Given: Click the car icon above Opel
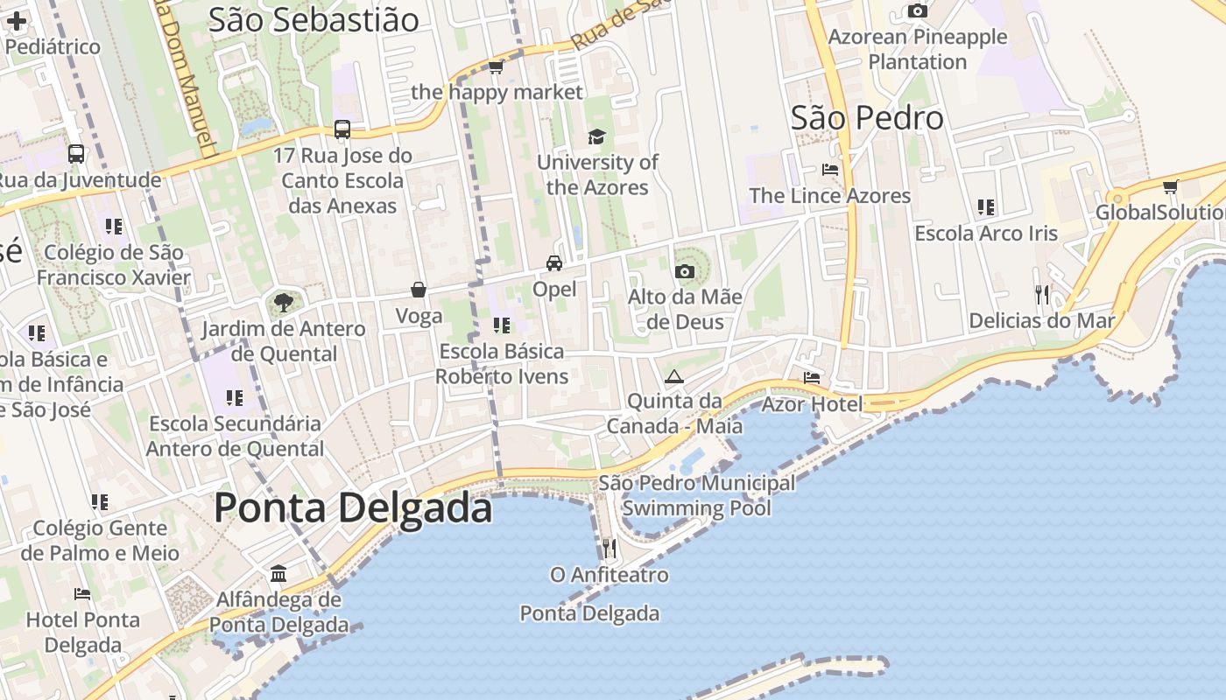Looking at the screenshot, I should (553, 262).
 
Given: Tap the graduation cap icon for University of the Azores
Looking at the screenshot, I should (596, 136).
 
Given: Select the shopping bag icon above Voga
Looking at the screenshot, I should (419, 290).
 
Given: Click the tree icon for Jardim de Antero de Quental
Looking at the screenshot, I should (282, 303).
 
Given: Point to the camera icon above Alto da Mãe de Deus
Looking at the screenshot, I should (685, 271).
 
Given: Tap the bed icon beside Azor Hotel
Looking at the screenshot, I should (812, 378).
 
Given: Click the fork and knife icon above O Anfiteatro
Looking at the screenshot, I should (609, 549).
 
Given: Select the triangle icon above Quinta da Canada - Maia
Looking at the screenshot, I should (673, 377).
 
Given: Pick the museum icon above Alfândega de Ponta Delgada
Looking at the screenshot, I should (278, 574).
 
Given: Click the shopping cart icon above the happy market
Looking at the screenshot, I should (496, 66).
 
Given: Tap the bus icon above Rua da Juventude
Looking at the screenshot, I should (76, 154).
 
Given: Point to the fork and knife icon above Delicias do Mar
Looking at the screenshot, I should (1042, 294).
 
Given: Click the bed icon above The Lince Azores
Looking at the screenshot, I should (830, 169).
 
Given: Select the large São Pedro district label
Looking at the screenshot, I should (867, 118).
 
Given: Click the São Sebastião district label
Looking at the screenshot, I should (314, 20).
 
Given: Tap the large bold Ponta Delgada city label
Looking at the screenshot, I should (353, 507).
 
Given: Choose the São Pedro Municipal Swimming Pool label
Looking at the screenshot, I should (697, 495).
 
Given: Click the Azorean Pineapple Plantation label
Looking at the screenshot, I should (918, 49).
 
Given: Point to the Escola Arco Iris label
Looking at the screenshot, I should (986, 234).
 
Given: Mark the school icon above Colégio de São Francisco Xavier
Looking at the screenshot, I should (114, 227).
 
